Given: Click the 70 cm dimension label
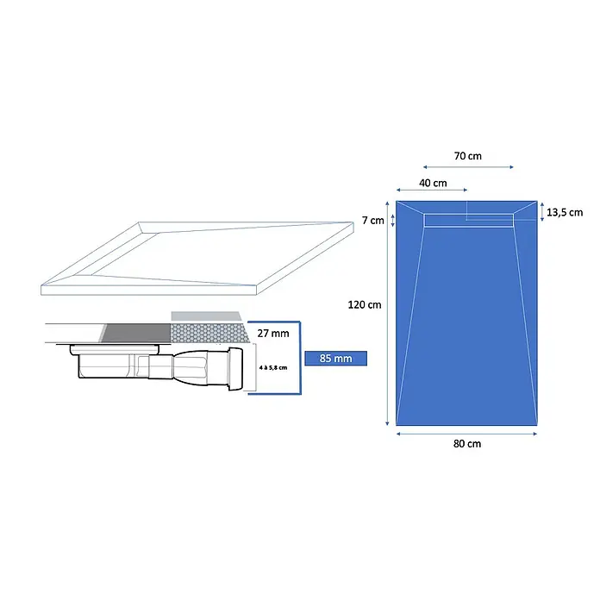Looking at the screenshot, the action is [x=467, y=156].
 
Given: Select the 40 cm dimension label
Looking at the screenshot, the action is [x=433, y=183].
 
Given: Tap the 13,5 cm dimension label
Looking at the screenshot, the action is [x=565, y=212].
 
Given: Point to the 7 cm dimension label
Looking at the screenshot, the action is [x=373, y=221].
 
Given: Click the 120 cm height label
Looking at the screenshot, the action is [x=365, y=305].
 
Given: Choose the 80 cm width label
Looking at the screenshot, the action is [x=467, y=444].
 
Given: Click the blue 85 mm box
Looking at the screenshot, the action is [x=335, y=358].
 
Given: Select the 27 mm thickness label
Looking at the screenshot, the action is [x=272, y=334].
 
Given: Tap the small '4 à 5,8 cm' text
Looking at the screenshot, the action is [x=272, y=368].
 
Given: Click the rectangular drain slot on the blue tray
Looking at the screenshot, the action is [x=468, y=221].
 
